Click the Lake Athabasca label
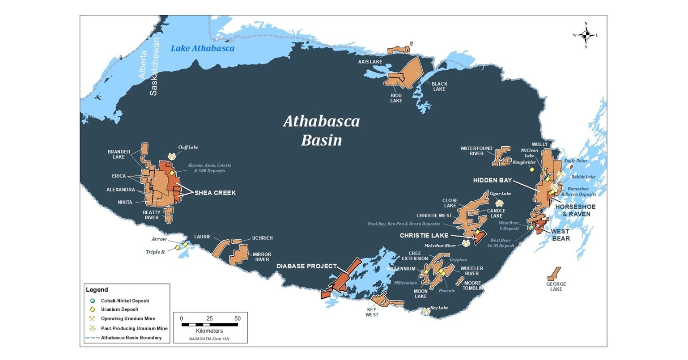202,48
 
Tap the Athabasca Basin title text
321,131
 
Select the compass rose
586,35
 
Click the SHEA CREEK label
215,193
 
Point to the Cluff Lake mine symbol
172,156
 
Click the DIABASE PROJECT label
306,266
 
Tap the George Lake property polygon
554,274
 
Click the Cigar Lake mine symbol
498,203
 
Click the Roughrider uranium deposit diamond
532,169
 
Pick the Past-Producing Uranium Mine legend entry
134,328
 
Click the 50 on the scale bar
238,318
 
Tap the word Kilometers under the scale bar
210,330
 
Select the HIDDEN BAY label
492,180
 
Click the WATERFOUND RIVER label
476,151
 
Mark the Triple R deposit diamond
178,247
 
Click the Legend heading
97,290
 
